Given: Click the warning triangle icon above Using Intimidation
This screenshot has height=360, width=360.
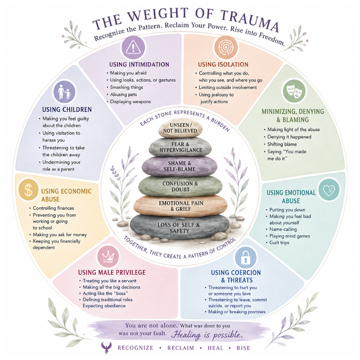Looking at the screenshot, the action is (x=133, y=48).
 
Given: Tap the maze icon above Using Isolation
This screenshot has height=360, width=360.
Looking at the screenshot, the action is (x=226, y=48).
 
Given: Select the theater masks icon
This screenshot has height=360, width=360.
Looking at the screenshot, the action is (x=294, y=91).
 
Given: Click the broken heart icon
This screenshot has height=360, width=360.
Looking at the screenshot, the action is (x=329, y=190).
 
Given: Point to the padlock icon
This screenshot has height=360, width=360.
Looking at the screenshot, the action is (x=245, y=257).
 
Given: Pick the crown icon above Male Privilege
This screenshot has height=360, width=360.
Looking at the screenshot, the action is (x=108, y=256).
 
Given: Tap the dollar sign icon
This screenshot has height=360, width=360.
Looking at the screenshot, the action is (x=28, y=189).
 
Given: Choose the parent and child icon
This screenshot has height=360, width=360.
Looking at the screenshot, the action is (x=64, y=92).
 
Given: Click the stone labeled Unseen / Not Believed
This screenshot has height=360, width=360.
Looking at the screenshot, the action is (x=180, y=128).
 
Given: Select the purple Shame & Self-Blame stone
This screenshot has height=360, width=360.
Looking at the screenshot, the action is (x=180, y=166).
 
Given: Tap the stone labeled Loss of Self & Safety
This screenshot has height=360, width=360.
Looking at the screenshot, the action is (x=180, y=227).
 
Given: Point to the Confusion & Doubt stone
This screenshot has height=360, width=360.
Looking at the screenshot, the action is (x=180, y=186).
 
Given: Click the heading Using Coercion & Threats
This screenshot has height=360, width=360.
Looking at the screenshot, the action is (x=236, y=276).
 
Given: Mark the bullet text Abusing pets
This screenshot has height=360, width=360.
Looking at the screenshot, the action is (x=123, y=94).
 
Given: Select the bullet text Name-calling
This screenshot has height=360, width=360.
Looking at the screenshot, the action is (x=283, y=229).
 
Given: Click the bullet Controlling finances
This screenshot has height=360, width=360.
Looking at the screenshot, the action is (x=53, y=208).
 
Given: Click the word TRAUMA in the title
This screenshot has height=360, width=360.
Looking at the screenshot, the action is (x=250, y=20).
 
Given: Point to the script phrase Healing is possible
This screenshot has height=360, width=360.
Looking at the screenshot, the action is (x=207, y=335).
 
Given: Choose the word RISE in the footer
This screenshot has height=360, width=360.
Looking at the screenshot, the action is (x=243, y=348).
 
